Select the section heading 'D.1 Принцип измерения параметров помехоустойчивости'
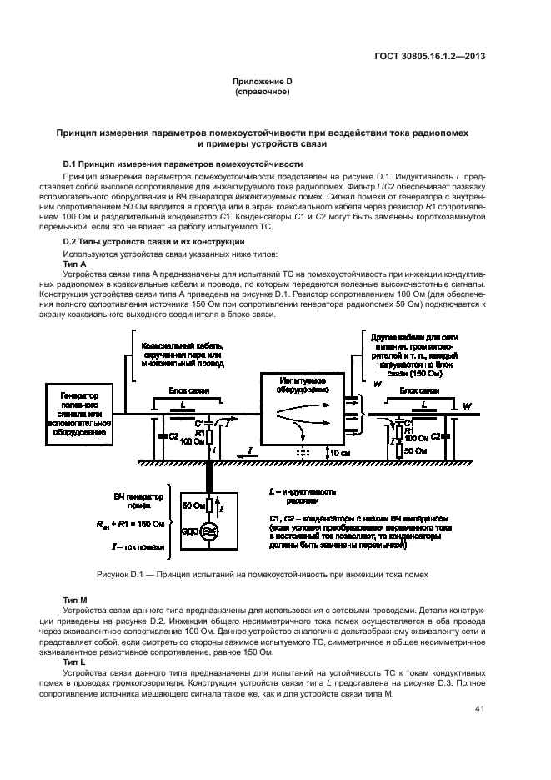183,164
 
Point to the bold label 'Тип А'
76,262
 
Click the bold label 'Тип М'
76,600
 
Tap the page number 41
479,709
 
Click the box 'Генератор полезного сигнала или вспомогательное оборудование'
83,412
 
